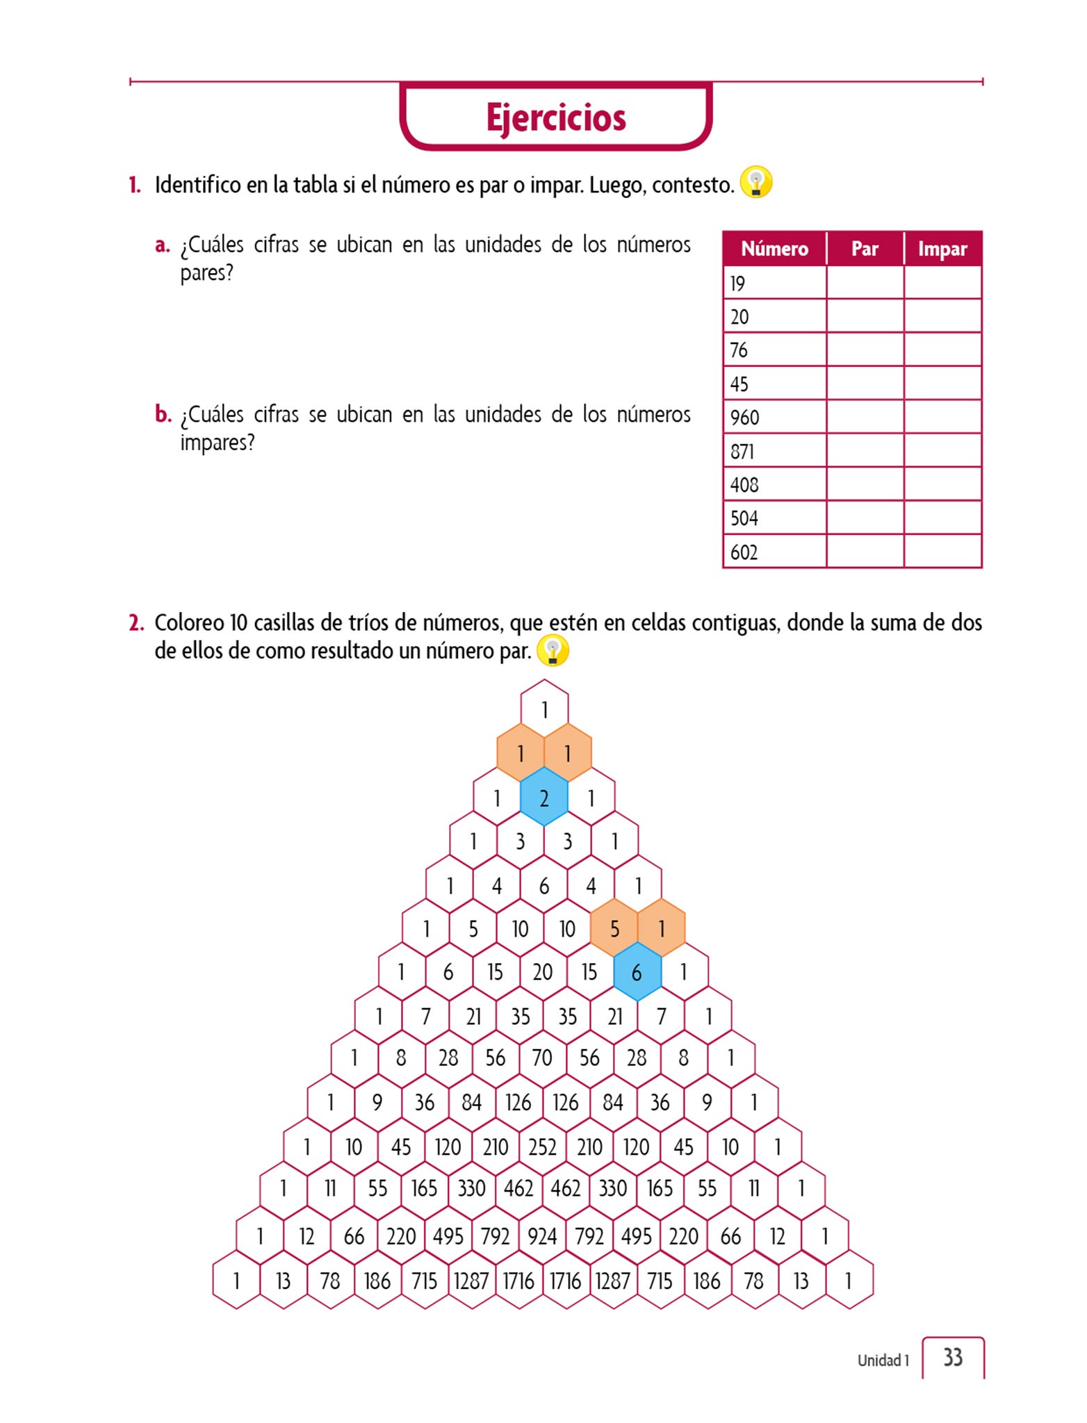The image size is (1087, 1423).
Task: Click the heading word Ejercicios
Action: pos(555,117)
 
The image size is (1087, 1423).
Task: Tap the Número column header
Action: pos(774,249)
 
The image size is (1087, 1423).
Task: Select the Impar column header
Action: pos(942,249)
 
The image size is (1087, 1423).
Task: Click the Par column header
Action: pos(865,249)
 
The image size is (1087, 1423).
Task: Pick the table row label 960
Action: pos(744,418)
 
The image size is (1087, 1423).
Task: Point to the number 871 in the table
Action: pos(742,452)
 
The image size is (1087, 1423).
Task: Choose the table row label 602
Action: pos(744,552)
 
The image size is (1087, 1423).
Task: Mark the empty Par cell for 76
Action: pos(865,350)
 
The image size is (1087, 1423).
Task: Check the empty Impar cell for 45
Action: pos(942,384)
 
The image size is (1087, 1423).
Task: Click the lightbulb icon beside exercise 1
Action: pos(756,183)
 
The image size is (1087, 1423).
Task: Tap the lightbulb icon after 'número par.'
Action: pos(553,651)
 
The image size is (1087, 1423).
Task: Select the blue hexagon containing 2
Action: pos(544,798)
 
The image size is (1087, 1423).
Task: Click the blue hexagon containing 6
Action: pos(637,973)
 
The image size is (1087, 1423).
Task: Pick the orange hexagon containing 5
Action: pos(614,928)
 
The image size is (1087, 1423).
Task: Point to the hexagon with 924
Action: pos(542,1236)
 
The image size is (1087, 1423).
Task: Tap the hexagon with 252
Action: pos(542,1146)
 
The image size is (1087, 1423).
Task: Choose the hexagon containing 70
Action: pos(542,1058)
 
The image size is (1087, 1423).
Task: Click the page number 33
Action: pos(953,1357)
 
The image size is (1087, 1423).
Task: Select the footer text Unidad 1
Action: pos(883,1360)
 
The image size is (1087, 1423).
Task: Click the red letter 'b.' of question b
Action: pos(163,414)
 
